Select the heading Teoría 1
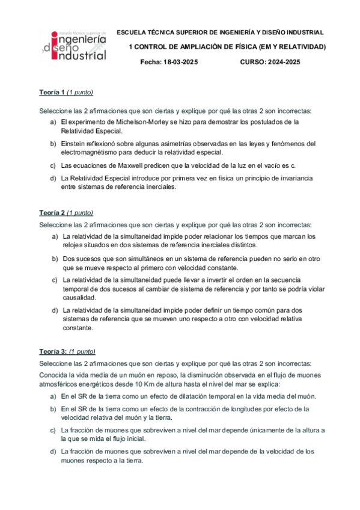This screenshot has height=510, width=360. [52, 92]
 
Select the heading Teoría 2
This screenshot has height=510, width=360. [52, 213]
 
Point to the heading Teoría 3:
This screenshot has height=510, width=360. [53, 351]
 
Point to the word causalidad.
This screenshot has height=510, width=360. [79, 298]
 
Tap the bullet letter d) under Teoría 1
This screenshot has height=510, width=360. [53, 179]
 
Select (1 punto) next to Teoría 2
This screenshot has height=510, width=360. [80, 213]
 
